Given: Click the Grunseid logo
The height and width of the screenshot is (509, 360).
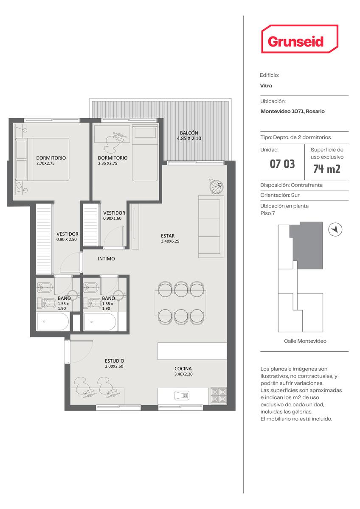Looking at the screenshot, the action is [300, 39].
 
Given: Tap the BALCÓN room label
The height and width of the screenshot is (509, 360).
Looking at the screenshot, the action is [189, 133].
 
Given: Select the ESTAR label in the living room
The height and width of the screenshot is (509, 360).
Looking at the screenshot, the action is [168, 236].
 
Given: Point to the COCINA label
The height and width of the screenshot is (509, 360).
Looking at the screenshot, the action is [183, 369].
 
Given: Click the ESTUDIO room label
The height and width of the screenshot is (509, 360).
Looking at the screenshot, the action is [114, 361].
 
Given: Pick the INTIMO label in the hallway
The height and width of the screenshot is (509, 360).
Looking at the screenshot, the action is [106, 259].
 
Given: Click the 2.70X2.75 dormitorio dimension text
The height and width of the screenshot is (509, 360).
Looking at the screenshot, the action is [45, 163].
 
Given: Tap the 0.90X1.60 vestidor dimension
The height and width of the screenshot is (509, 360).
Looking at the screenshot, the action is [112, 218].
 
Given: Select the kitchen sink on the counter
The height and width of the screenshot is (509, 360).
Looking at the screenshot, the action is [182, 396].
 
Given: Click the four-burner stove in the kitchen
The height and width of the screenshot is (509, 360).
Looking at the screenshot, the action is [219, 395].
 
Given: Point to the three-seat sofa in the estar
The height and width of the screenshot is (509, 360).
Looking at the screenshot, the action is [211, 227].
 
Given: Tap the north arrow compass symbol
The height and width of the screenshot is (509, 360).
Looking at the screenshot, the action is [335, 229].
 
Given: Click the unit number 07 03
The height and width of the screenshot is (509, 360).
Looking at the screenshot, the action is [282, 164].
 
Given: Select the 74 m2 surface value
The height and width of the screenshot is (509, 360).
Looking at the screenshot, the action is [327, 169].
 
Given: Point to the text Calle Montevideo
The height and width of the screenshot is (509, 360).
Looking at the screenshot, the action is [305, 341].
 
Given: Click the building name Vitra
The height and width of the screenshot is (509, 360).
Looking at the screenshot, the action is [266, 86].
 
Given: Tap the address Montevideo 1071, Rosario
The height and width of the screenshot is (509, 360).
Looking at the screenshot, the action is [292, 111].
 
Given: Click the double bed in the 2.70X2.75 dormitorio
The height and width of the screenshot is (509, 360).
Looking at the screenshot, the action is [42, 159].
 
